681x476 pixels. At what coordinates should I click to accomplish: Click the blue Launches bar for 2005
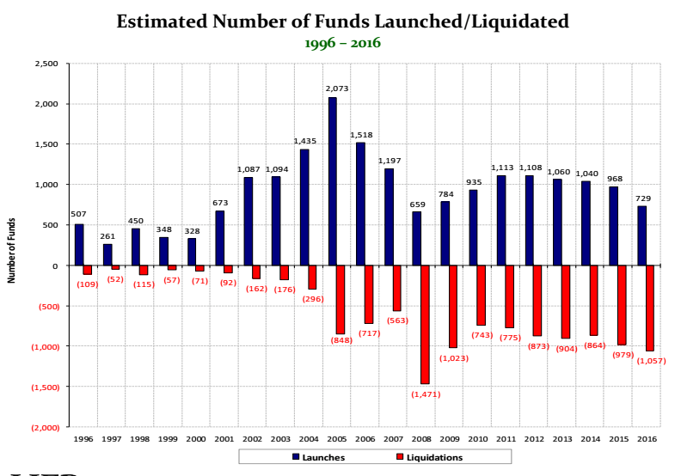(x=332, y=181)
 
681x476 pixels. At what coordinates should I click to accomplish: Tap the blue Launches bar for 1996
(x=79, y=245)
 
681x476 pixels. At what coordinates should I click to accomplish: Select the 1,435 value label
(x=305, y=140)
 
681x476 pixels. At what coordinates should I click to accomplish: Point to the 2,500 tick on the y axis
(x=46, y=64)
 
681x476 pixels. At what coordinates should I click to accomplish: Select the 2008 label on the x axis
(x=420, y=439)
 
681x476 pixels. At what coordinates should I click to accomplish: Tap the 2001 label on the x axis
(x=224, y=439)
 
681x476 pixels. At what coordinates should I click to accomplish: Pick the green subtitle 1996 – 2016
(x=342, y=42)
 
